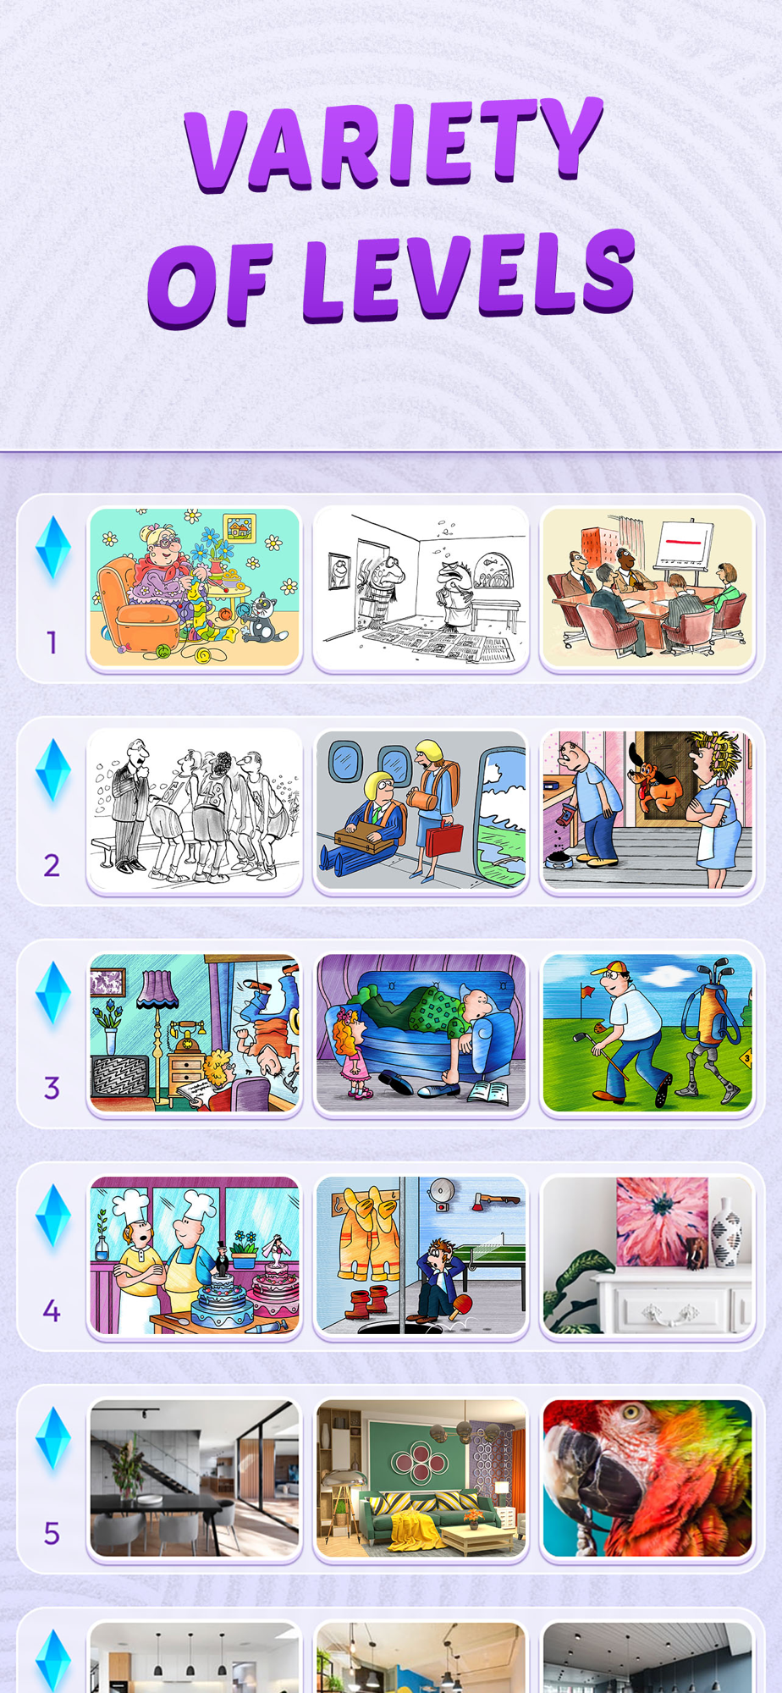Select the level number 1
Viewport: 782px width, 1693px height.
52,642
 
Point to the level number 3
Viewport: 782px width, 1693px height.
52,1088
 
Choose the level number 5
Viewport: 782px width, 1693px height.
52,1533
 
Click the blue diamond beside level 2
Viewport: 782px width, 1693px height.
52,770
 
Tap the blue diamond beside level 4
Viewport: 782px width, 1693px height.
52,1216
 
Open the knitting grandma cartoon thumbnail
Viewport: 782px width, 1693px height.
195,587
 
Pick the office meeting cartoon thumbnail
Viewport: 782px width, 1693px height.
647,587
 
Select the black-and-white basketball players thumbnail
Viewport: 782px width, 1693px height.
195,809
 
